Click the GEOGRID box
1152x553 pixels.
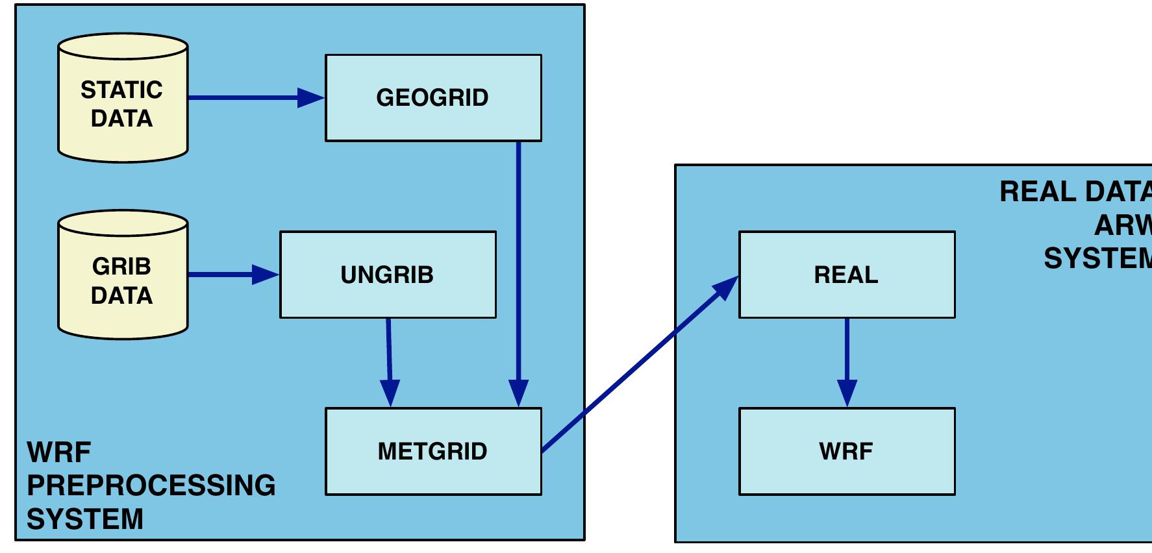433,97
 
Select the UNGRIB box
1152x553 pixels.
388,275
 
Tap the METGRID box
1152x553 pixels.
433,451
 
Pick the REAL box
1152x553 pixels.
847,275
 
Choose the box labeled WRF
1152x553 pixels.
847,451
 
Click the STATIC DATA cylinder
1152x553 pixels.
123,104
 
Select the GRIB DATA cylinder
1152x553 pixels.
123,280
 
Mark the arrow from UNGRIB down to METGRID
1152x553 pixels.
389,357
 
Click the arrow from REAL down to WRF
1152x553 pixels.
847,357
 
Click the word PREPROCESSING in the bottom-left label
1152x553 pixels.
151,485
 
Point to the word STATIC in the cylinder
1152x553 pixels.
121,90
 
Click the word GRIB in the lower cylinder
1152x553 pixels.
121,266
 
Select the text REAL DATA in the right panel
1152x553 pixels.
1075,192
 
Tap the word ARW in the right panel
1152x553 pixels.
1122,226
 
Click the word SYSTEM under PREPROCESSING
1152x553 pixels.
84,519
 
